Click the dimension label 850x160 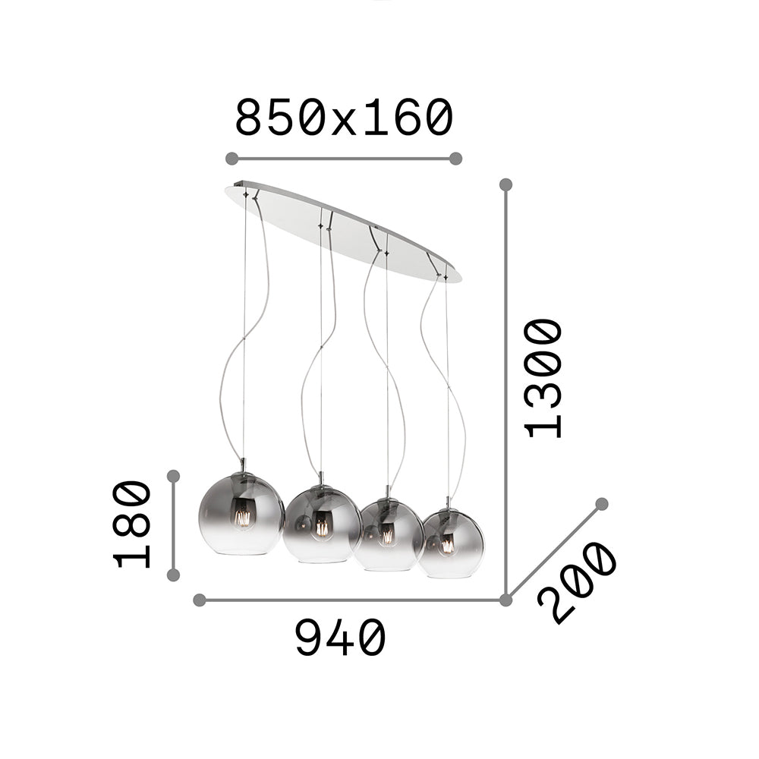tap(344, 117)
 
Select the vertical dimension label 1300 tap(543, 378)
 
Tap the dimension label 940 tap(341, 638)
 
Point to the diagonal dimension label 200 tap(577, 583)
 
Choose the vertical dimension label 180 tap(132, 524)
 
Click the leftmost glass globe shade tap(242, 514)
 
